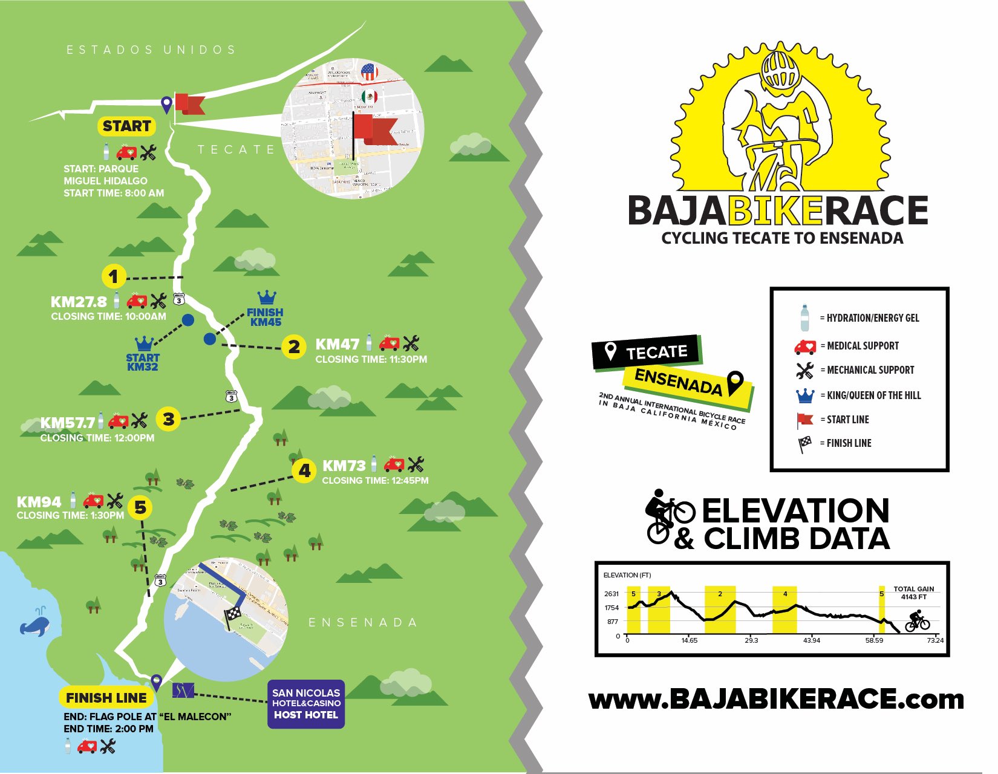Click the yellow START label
126,126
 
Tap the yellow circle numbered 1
114,277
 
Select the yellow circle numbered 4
304,470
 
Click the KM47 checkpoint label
338,344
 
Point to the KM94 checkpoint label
39,502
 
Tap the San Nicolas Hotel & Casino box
306,704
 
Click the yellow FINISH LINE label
106,698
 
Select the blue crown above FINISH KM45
267,297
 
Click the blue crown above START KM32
145,343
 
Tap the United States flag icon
369,72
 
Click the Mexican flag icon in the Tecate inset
369,97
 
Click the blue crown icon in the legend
805,395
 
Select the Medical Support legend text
863,346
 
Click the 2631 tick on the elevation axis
612,594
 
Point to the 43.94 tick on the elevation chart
812,640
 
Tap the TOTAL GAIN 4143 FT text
913,593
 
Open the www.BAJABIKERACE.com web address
776,700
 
